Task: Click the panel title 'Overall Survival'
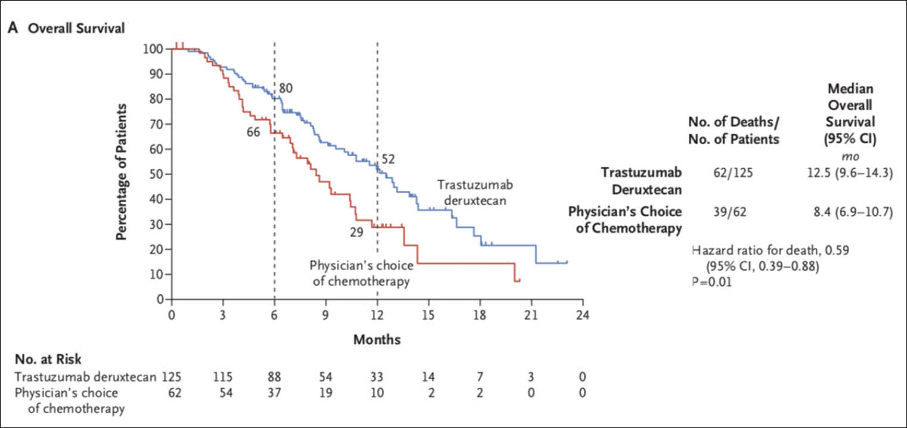coord(75,28)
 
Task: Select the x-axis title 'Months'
coord(377,340)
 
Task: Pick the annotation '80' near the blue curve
coord(286,88)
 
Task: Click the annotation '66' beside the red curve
coord(253,132)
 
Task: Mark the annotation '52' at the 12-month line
coord(388,159)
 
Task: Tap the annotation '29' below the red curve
coord(357,232)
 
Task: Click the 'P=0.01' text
coord(711,281)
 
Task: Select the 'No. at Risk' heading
coord(48,359)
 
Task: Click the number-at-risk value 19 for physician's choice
coord(326,393)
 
